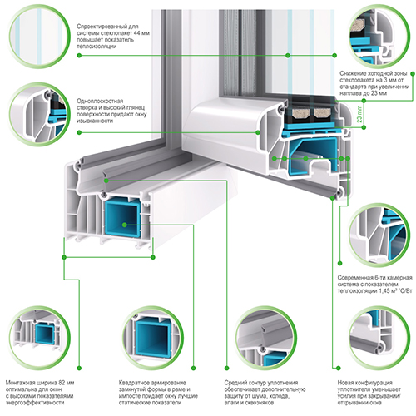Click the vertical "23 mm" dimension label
tap(359, 114)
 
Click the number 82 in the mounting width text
tap(62, 383)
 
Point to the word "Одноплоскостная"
tap(100, 101)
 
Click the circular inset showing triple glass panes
tap(39, 37)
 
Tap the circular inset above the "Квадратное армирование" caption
tap(152, 338)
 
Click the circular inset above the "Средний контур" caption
tap(266, 338)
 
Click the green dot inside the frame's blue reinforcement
tap(125, 225)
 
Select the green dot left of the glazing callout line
tap(79, 56)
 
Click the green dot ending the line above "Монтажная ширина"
tap(79, 368)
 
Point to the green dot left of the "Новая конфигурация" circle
tap(339, 368)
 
